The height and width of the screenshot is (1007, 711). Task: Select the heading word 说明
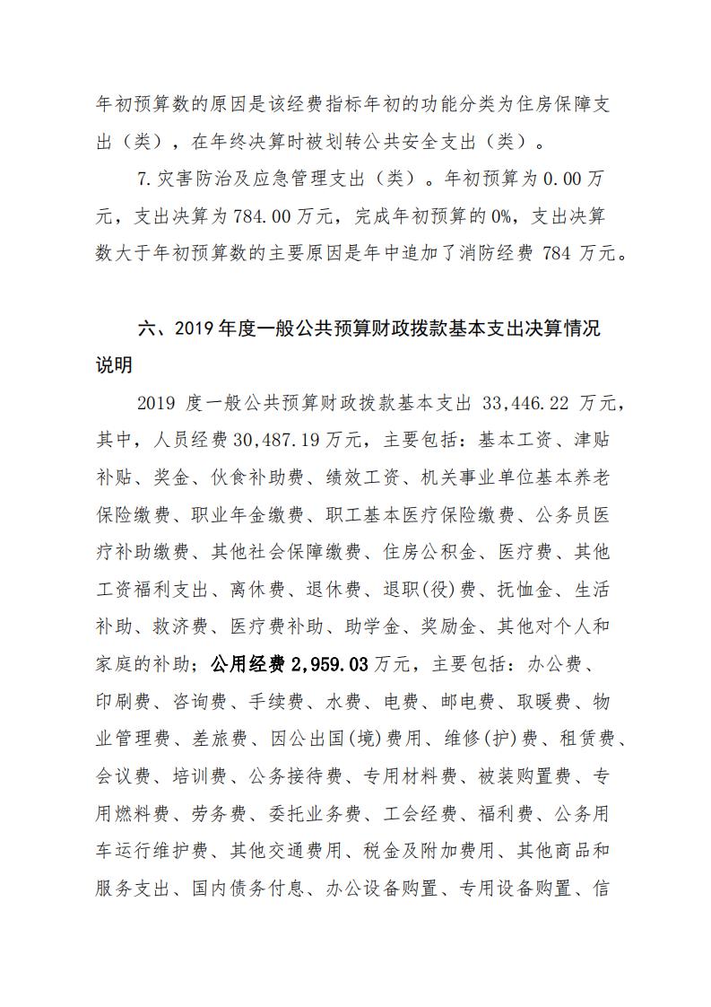point(114,364)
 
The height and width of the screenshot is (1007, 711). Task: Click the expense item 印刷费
point(121,702)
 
